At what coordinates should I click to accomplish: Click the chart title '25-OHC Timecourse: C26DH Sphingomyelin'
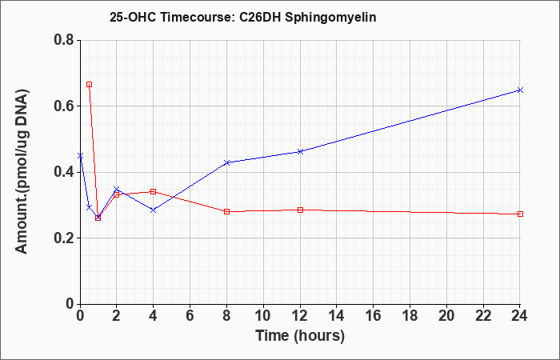coord(243,17)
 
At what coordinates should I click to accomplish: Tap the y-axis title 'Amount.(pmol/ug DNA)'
coord(22,171)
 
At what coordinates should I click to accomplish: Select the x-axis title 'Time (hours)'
coord(300,336)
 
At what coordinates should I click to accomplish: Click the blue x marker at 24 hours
coord(520,90)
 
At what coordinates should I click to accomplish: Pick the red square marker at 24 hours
coord(520,214)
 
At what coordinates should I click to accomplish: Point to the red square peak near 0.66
coord(90,85)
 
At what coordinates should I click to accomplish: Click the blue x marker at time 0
coord(80,156)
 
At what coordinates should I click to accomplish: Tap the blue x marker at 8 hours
coord(226,162)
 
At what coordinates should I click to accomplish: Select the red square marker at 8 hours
coord(226,211)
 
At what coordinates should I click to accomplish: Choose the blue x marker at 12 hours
coord(300,151)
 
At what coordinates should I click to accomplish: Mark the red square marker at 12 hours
coord(300,210)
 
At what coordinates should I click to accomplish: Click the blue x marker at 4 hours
coord(154,210)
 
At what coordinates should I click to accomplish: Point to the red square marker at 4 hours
coord(154,192)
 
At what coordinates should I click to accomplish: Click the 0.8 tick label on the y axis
coord(64,40)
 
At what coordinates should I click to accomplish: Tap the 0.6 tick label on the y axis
coord(64,106)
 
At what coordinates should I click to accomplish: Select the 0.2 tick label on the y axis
coord(64,238)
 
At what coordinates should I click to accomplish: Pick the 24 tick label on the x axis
coord(519,315)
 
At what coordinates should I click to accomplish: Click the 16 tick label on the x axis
coord(373,315)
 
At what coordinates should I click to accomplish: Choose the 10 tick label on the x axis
coord(263,315)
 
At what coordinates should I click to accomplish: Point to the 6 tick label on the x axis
coord(190,315)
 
